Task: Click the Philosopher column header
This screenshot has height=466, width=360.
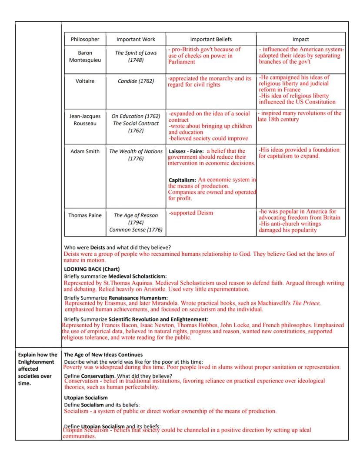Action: click(85, 39)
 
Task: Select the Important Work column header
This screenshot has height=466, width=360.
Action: click(136, 39)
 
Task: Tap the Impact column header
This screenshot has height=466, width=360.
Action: click(301, 39)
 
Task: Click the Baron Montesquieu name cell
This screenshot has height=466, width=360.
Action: click(85, 57)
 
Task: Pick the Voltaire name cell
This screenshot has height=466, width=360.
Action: click(85, 81)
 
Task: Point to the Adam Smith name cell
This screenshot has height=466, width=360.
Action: click(85, 151)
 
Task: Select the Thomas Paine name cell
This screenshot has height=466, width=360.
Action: click(85, 215)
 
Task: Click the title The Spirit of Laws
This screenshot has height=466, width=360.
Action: click(136, 53)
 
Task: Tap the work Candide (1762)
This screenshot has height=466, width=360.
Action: click(136, 81)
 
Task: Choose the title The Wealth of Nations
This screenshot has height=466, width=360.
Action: click(136, 151)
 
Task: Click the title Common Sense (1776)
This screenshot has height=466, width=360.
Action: click(136, 229)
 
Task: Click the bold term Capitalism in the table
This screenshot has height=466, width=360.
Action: click(182, 180)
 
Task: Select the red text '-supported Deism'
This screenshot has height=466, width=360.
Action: click(191, 213)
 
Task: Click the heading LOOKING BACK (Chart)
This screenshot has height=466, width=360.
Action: click(92, 269)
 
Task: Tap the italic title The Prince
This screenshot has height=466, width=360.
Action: click(306, 303)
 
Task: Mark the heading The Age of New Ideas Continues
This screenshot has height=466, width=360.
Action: click(103, 355)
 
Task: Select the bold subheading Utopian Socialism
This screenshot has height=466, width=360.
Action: click(86, 398)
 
